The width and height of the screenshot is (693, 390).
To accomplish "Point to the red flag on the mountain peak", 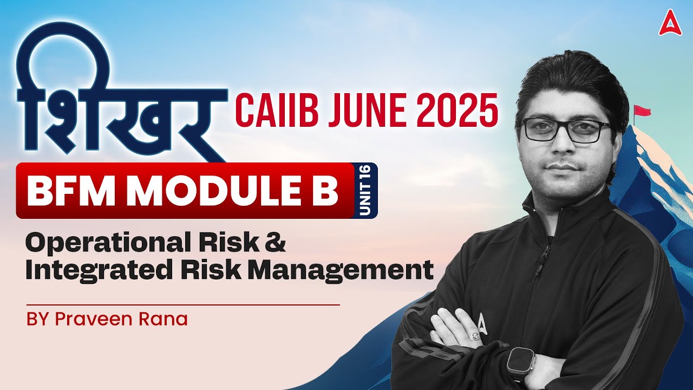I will [x=643, y=111].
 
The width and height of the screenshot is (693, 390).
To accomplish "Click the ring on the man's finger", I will [x=475, y=336].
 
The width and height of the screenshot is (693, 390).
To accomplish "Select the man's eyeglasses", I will [x=565, y=130].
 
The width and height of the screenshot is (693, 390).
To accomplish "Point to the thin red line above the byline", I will [x=182, y=305].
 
